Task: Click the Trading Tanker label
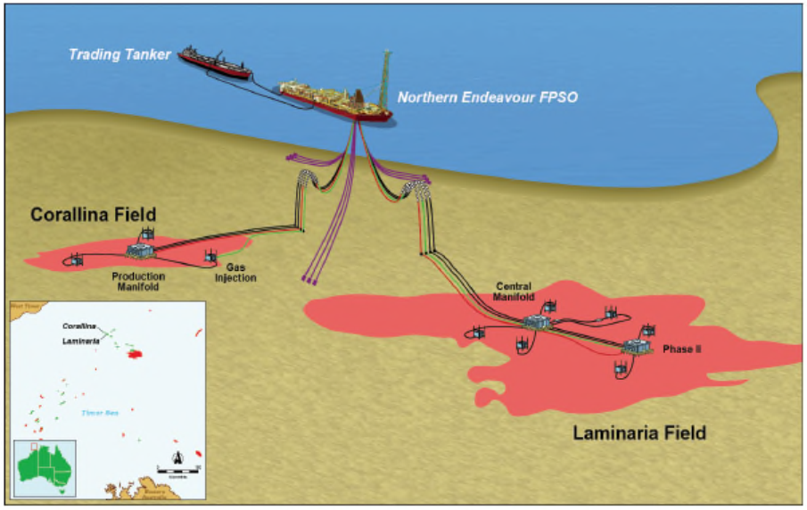click(x=120, y=55)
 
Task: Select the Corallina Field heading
click(x=94, y=215)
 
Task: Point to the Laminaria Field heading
click(x=638, y=433)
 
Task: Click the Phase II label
click(x=682, y=350)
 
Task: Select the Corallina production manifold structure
click(x=139, y=251)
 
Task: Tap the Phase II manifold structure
click(x=638, y=347)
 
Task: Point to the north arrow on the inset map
click(x=177, y=460)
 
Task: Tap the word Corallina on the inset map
click(x=79, y=326)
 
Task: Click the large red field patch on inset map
click(x=135, y=354)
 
